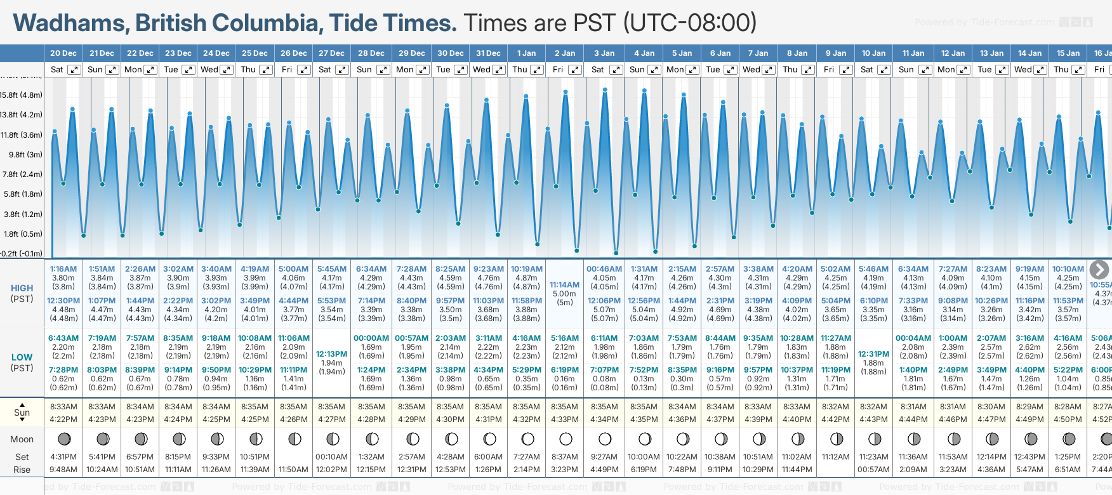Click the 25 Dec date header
click(x=255, y=53)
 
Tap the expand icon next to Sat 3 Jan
click(x=616, y=70)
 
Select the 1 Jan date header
click(x=526, y=53)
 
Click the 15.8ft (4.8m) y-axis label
click(x=22, y=95)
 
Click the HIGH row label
click(x=22, y=288)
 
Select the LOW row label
click(x=22, y=357)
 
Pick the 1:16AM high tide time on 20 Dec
click(x=63, y=269)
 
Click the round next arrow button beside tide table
click(x=1099, y=270)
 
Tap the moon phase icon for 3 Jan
click(x=605, y=439)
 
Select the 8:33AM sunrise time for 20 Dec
click(x=63, y=407)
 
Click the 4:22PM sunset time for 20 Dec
click(x=63, y=419)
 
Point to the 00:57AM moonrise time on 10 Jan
click(x=873, y=470)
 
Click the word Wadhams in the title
click(x=69, y=23)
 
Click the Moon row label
click(x=22, y=439)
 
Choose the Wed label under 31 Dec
click(x=482, y=70)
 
